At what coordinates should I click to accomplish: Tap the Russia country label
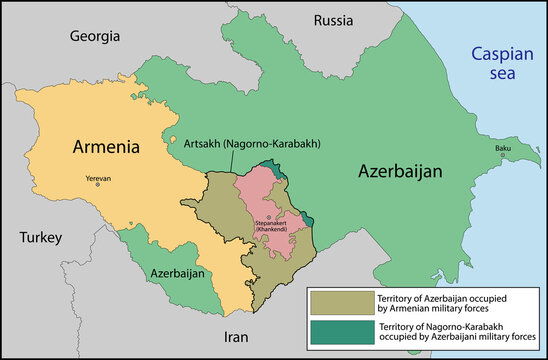point(333,20)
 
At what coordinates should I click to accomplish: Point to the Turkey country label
point(40,238)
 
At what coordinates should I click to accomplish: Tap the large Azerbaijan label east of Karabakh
point(400,172)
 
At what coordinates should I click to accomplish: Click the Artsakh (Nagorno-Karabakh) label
point(251,144)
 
